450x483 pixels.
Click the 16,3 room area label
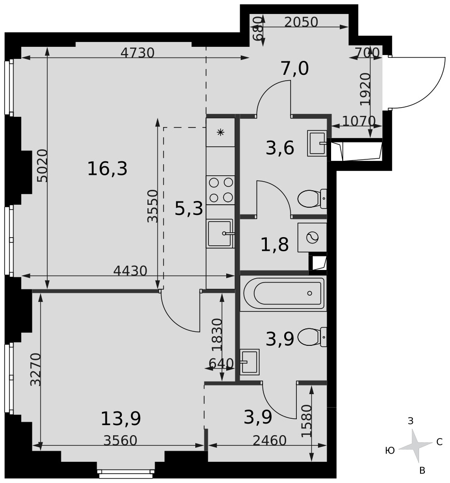tap(107, 169)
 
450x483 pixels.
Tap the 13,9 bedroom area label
tap(121, 418)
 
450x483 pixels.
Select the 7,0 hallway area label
tap(295, 69)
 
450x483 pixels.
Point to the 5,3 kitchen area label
tap(189, 208)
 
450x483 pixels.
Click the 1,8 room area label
tap(275, 245)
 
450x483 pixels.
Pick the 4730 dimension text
tap(137, 53)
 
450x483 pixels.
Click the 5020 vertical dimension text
tap(42, 165)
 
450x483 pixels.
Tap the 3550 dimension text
tap(152, 206)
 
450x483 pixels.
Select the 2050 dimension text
tap(301, 22)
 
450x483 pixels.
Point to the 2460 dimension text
tap(270, 440)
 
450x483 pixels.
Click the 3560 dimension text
tap(120, 440)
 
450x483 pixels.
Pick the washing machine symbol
tap(312, 237)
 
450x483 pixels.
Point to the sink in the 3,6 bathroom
tap(317, 143)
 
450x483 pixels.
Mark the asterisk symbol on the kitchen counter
tap(220, 132)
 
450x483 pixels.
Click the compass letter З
tap(410, 421)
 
